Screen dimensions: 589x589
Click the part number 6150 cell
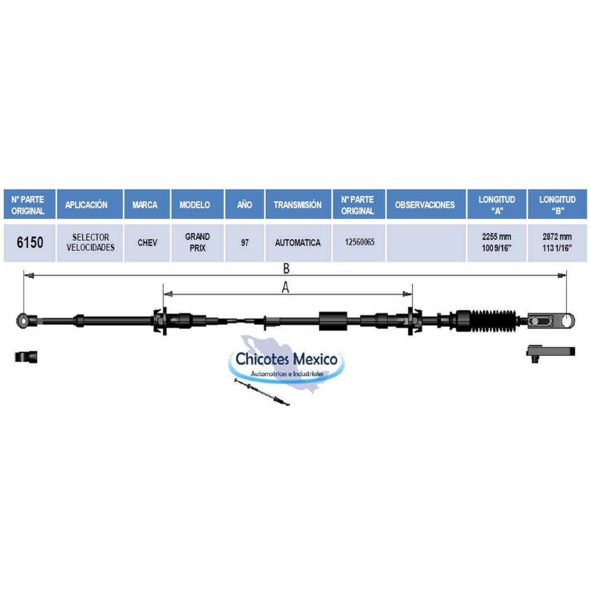click(30, 242)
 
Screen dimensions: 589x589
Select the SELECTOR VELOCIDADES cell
click(90, 242)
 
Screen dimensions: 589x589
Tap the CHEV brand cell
click(147, 242)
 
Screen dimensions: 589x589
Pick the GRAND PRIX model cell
click(197, 242)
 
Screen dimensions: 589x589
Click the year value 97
click(244, 242)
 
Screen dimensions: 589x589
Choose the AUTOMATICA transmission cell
click(298, 242)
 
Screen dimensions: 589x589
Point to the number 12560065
click(359, 242)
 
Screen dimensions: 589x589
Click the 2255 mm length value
click(496, 237)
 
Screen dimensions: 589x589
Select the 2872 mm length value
click(557, 237)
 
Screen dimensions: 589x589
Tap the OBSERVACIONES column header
click(425, 205)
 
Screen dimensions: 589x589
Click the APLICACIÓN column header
click(86, 205)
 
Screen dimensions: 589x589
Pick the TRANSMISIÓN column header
click(298, 205)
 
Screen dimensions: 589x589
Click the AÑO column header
click(244, 205)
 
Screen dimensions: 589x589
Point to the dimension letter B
click(286, 268)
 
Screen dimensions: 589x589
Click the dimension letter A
click(285, 288)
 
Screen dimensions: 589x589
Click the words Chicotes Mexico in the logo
click(287, 359)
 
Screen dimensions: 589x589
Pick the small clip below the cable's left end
click(26, 357)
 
